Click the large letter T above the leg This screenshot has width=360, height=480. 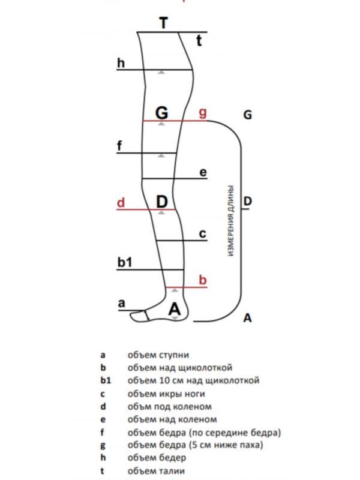pyautogui.click(x=164, y=23)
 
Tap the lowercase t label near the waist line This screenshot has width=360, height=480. pyautogui.click(x=200, y=41)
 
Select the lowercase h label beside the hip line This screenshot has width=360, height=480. pyautogui.click(x=121, y=62)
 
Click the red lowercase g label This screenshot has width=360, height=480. pyautogui.click(x=203, y=112)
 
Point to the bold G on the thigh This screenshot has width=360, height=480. pyautogui.click(x=161, y=112)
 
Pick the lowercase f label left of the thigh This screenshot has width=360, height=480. pyautogui.click(x=120, y=146)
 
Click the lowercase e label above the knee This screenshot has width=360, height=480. pyautogui.click(x=203, y=173)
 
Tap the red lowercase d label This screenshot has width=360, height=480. pyautogui.click(x=121, y=203)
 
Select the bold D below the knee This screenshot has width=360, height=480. pyautogui.click(x=161, y=202)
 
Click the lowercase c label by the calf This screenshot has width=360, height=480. pyautogui.click(x=203, y=234)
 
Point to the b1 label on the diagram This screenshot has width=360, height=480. pyautogui.click(x=125, y=262)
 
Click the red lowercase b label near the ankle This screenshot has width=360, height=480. pyautogui.click(x=203, y=280)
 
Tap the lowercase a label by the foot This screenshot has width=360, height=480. pyautogui.click(x=121, y=304)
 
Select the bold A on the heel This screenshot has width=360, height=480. pyautogui.click(x=175, y=310)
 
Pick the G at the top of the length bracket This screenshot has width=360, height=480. pyautogui.click(x=247, y=115)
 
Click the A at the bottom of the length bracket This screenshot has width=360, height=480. pyautogui.click(x=247, y=318)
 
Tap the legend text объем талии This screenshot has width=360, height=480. pyautogui.click(x=156, y=471)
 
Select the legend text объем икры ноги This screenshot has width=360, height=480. pyautogui.click(x=166, y=394)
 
